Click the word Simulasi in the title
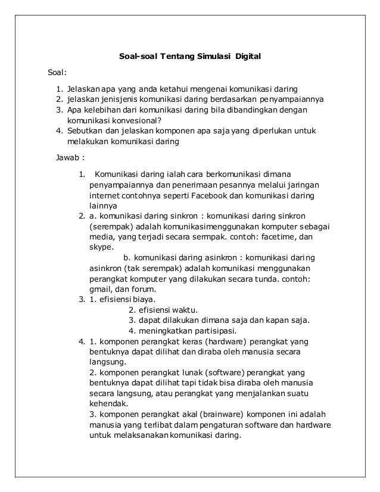coord(210,57)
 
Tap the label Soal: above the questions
coord(56,74)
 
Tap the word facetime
coord(260,236)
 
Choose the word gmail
coord(99,289)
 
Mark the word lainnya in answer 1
coord(103,205)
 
